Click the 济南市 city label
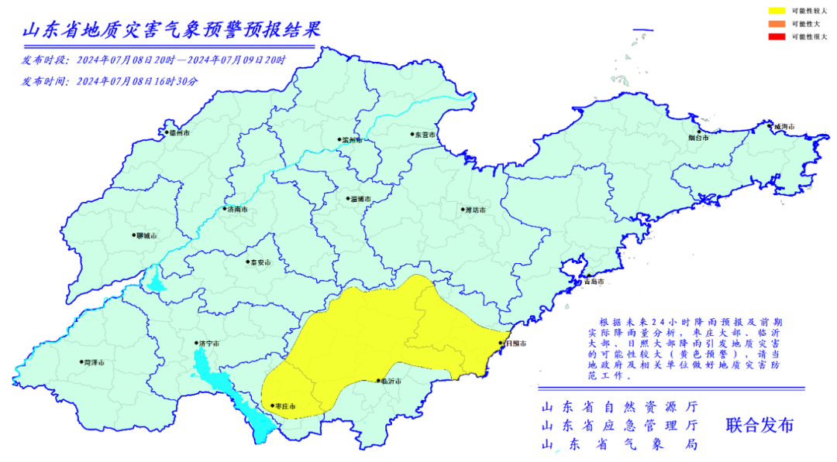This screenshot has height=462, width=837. (x=238, y=209)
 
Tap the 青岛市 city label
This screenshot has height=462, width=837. (x=594, y=282)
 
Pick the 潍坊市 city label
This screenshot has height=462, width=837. (x=474, y=210)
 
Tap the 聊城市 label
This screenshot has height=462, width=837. (x=146, y=235)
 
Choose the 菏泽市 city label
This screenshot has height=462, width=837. (x=93, y=362)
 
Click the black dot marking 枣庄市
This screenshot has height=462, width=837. (x=272, y=405)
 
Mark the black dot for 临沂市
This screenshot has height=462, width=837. (x=377, y=381)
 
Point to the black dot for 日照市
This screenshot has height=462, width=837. (x=501, y=342)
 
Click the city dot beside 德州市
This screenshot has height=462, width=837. (x=164, y=132)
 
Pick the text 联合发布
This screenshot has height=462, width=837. (x=759, y=425)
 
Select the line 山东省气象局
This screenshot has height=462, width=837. (x=619, y=445)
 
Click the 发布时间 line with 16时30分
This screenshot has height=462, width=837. (x=110, y=80)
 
